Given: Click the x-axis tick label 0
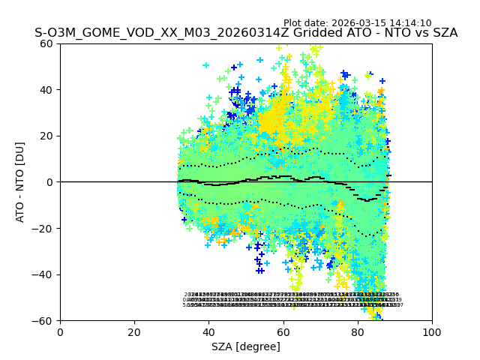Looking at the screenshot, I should point(60,332).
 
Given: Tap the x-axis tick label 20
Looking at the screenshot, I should point(134,332).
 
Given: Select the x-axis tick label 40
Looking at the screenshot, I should point(208,332).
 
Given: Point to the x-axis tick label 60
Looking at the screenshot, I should point(283,332).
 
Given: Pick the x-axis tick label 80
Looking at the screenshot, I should point(358,332).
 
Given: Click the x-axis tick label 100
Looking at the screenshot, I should point(432,332).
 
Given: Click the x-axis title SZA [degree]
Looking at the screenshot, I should point(246,346).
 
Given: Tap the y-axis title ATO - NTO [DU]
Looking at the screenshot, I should point(20,182).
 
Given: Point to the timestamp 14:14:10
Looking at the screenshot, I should point(409,23).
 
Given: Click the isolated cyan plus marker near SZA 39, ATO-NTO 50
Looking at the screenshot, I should point(205,65).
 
